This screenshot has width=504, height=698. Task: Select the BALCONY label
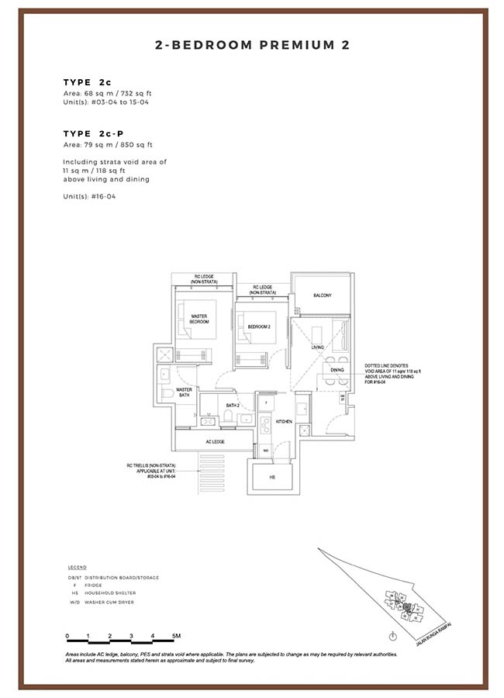[x=323, y=295]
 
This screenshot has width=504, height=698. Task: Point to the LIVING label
[x=318, y=347]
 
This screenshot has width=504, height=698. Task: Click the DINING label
[x=337, y=370]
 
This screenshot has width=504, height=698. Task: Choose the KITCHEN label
[x=283, y=421]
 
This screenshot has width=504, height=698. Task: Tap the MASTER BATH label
[x=184, y=392]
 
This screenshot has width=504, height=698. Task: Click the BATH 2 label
[x=232, y=405]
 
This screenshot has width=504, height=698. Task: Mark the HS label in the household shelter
[x=272, y=478]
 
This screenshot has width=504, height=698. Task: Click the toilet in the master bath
[x=168, y=394]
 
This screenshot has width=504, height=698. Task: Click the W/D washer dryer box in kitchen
[x=265, y=450]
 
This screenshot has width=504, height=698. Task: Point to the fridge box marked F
[x=266, y=404]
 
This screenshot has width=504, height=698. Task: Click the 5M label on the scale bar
[x=176, y=636]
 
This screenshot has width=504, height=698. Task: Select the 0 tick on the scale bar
[x=67, y=636]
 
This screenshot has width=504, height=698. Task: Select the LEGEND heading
[x=77, y=567]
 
